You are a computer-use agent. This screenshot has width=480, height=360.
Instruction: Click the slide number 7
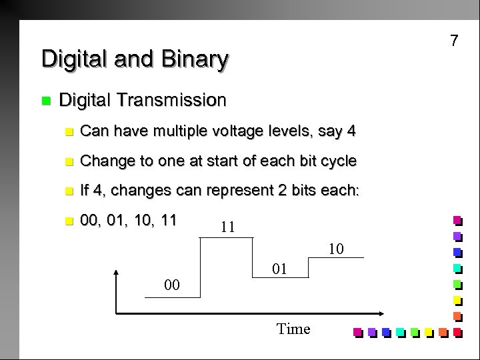pos(454,41)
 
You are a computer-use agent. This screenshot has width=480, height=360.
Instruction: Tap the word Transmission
pos(170,101)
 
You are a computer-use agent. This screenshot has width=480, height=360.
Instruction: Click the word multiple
pos(182,132)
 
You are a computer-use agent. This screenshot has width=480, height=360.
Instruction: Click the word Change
pos(104,161)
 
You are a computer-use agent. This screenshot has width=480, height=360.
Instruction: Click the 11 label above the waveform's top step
pos(227,227)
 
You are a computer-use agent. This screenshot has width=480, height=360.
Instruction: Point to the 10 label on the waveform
pos(336,249)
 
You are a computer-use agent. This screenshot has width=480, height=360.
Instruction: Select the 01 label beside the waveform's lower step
pos(281,269)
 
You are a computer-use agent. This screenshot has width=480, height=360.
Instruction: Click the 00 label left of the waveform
pos(172,286)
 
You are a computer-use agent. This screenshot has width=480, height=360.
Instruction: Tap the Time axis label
pos(293,329)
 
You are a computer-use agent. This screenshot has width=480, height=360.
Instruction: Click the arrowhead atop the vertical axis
pos(117,273)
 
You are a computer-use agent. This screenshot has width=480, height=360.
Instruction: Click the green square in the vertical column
pos(457,284)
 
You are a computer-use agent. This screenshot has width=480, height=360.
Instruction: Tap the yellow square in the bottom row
pos(428,331)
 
